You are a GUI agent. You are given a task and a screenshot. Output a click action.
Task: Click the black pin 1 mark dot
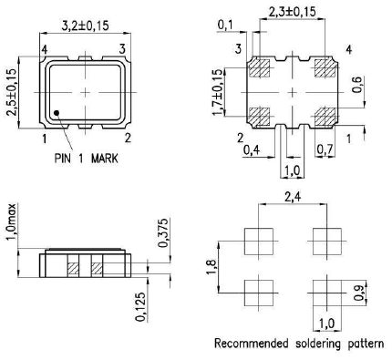[x=57, y=113]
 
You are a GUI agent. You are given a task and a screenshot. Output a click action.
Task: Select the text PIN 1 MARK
[x=87, y=158]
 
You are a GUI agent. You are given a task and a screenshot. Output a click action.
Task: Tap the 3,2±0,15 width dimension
[x=85, y=26]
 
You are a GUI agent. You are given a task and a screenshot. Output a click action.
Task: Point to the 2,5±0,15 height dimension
[x=11, y=92]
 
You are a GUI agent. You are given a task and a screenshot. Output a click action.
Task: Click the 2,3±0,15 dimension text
[x=293, y=12]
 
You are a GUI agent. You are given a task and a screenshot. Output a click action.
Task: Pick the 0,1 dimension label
[x=225, y=26]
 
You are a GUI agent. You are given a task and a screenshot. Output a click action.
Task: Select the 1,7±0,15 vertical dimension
[x=218, y=92]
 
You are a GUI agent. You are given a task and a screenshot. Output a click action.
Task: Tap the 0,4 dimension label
[x=251, y=149]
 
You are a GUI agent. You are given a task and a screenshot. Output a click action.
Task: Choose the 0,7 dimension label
[x=325, y=149]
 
